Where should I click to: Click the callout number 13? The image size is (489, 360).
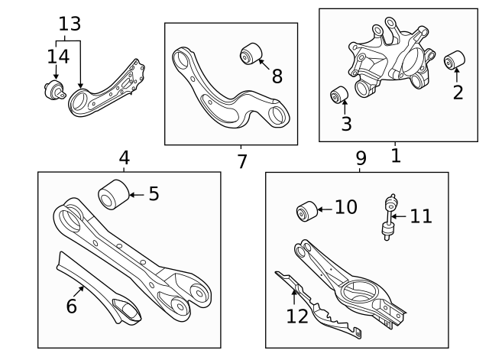click(x=69, y=24)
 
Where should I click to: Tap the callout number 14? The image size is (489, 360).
click(x=58, y=56)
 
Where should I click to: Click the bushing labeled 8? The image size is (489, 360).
click(x=251, y=54)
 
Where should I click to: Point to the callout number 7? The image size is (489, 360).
click(x=241, y=162)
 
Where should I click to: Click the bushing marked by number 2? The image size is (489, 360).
click(x=456, y=59)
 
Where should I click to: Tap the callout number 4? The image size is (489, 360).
click(x=125, y=158)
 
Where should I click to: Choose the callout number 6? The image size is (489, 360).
click(x=71, y=306)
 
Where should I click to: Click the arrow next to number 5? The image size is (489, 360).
click(x=136, y=194)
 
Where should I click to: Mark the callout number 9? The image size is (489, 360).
click(x=361, y=158)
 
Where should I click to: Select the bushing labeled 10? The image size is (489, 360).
click(x=306, y=209)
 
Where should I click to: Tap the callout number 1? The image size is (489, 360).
click(x=395, y=156)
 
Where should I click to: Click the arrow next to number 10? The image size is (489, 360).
click(x=325, y=208)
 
